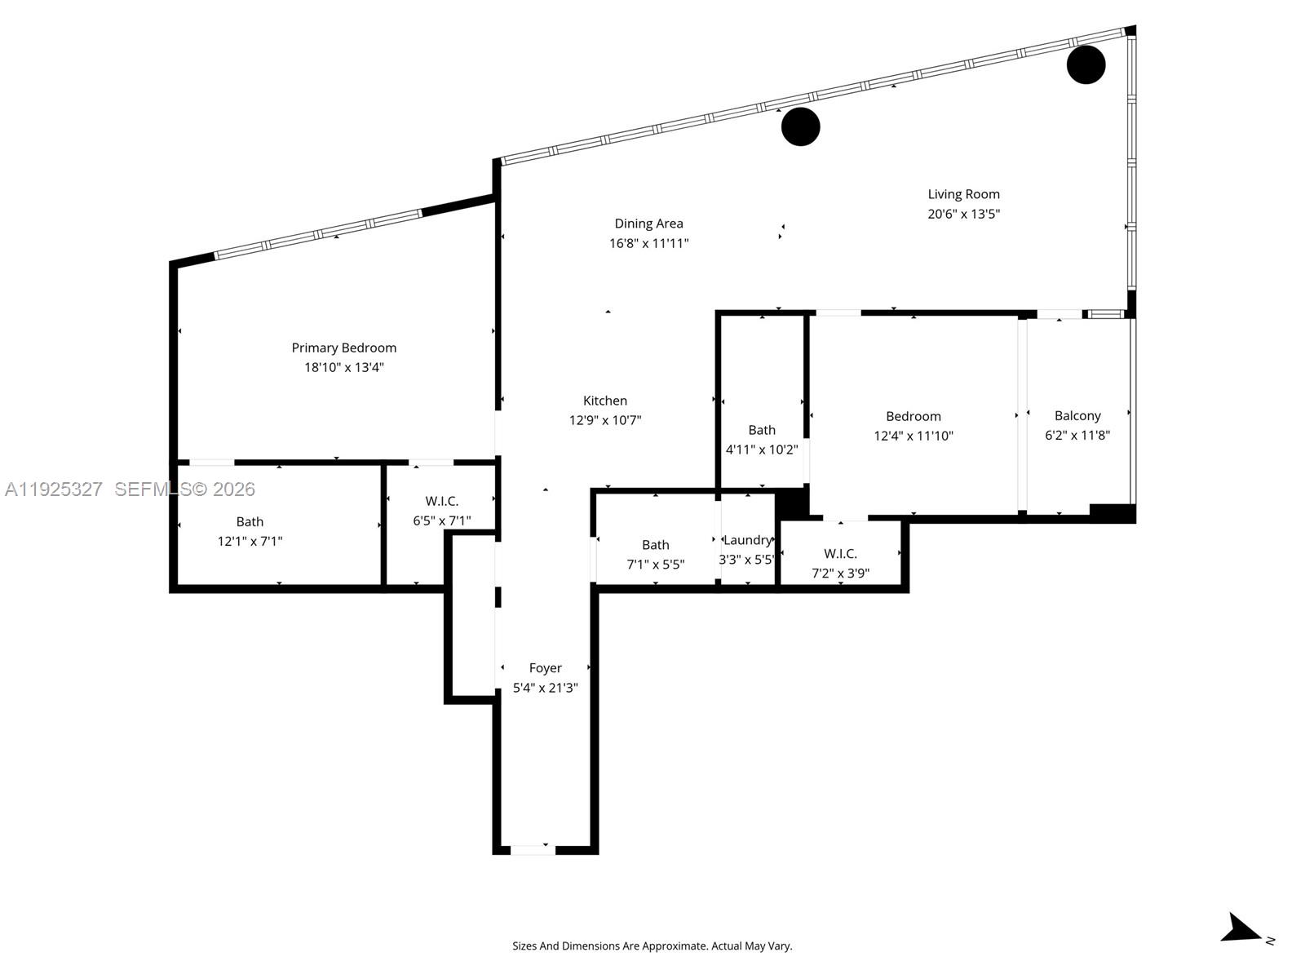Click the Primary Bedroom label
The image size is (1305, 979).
tap(343, 348)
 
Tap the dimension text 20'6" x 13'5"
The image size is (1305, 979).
tap(963, 214)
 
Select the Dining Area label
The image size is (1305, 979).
tap(648, 224)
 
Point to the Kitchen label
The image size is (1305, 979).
tap(604, 401)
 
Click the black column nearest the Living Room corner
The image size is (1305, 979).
tap(1086, 64)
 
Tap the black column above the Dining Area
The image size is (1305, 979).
tap(800, 126)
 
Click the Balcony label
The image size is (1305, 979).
tap(1077, 415)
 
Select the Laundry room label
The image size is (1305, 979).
tap(747, 540)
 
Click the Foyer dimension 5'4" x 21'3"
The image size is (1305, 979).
tap(545, 688)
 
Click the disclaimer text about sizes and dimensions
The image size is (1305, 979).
tap(652, 946)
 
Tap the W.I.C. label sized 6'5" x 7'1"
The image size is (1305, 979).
tap(441, 501)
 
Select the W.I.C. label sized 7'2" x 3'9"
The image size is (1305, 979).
tap(840, 554)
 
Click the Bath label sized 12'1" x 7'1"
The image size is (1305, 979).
tap(250, 521)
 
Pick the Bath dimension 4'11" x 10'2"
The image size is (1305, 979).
tap(761, 450)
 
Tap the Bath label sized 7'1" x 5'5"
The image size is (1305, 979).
tap(655, 545)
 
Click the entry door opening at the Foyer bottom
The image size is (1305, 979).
tap(532, 850)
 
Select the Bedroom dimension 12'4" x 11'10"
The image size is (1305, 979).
tap(913, 436)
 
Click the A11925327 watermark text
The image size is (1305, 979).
tap(54, 489)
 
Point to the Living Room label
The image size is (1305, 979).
tap(963, 194)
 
